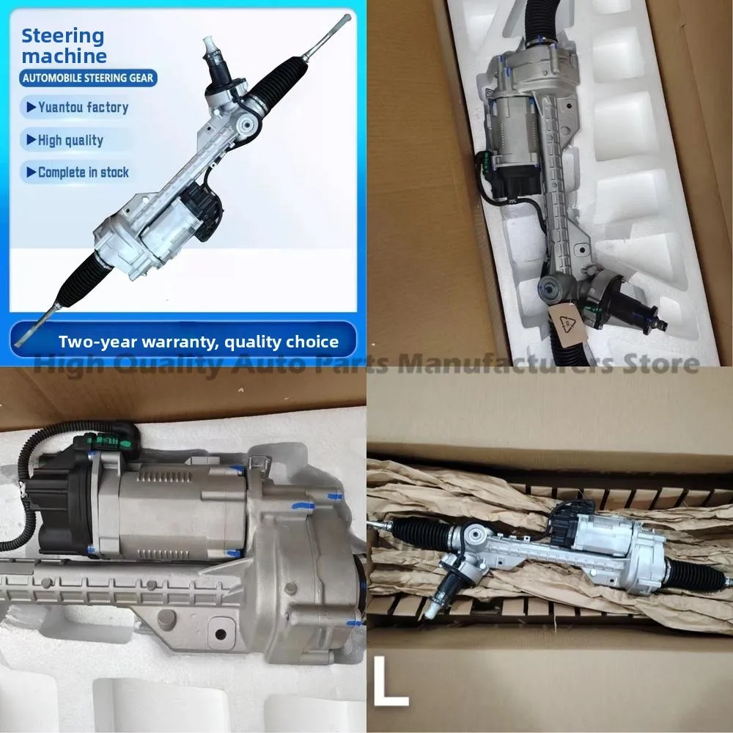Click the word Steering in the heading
(63, 35)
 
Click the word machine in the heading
(64, 56)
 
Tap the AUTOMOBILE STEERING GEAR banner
(89, 78)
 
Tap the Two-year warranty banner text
(198, 342)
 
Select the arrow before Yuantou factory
(31, 108)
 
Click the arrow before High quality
(31, 140)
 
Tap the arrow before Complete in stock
(31, 172)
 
